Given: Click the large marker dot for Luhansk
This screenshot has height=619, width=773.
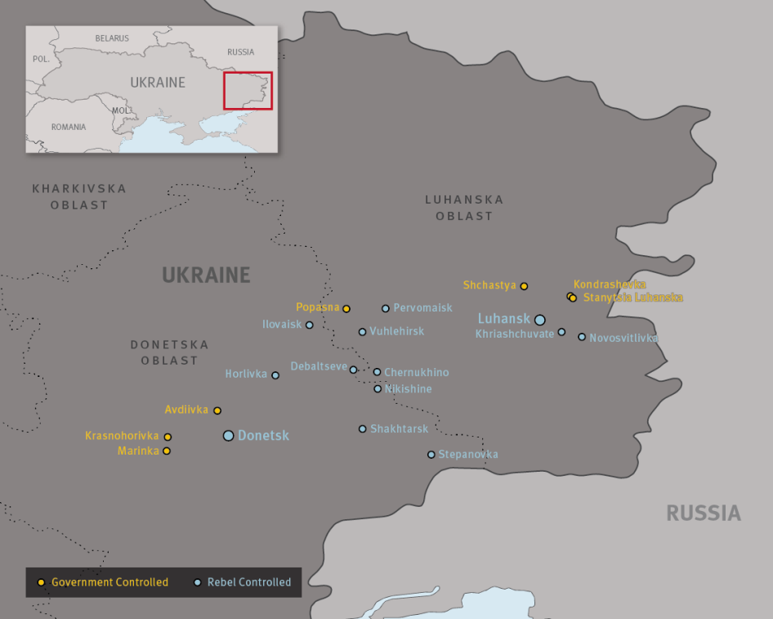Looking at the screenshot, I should pos(539,320).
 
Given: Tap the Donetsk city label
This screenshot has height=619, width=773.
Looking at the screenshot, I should pos(263,436).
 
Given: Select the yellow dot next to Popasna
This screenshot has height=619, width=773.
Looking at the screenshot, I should pos(346,309).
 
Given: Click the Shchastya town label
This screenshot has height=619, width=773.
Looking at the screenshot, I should pos(489,285).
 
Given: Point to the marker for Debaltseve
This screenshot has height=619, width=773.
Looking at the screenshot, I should pos(353,370).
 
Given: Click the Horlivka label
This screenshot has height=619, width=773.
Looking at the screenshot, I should pos(246,375).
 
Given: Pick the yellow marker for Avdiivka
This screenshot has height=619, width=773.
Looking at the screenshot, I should pos(217,410).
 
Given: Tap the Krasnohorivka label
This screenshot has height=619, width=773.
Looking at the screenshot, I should pos(122,436).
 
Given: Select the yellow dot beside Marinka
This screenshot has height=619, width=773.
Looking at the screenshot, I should pos(167,451).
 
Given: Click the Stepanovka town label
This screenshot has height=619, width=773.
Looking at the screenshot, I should pos(468,455).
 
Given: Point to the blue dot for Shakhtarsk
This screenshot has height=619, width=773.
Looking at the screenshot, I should pos(363,428).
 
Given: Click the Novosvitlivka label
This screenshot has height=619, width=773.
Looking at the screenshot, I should pos(623,338).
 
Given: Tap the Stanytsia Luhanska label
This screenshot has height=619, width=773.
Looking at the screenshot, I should pos(632,298).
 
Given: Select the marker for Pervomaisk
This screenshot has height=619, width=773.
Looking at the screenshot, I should pos(386,308).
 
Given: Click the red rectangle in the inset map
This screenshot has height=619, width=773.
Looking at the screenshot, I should pos(248,91).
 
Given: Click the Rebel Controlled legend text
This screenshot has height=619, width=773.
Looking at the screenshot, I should pos(249,582).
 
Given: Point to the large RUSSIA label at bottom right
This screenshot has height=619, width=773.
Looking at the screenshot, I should pos(703,514).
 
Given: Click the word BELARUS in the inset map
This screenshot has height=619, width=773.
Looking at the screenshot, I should pos(112,38).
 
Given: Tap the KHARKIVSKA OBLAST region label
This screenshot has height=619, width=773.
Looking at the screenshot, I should pos(79,196).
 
